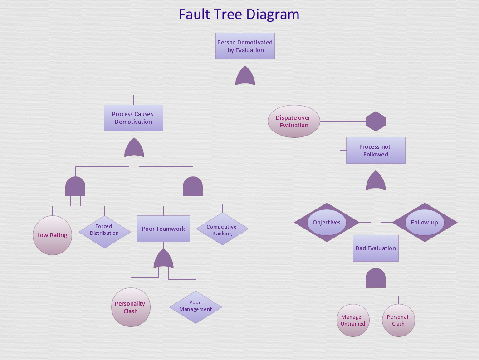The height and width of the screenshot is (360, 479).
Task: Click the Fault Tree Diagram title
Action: point(239,14)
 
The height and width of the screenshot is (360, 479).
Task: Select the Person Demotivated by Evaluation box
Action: point(245,46)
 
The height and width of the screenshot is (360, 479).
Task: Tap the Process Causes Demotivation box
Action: point(133,118)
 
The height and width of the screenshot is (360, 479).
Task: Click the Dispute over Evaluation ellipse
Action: point(294,122)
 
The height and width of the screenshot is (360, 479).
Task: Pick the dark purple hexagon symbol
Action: point(376,122)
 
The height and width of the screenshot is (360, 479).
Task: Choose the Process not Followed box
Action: point(376,151)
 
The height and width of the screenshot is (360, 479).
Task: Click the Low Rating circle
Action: point(52,235)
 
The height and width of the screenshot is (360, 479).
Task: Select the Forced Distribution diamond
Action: point(104,230)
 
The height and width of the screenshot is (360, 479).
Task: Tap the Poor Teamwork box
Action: point(163,229)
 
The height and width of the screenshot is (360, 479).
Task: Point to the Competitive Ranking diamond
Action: point(222,230)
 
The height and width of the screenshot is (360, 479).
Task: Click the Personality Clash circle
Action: point(131,307)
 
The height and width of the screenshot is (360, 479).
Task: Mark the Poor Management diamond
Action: point(196,306)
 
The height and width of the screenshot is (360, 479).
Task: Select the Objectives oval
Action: point(327,223)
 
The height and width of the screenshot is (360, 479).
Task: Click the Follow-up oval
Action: point(425,223)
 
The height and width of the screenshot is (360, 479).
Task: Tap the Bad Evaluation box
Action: point(376,248)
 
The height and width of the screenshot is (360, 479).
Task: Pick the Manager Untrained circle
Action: point(352,320)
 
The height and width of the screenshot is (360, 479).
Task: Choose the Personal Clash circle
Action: point(398,320)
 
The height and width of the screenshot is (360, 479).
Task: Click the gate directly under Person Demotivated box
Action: point(245,76)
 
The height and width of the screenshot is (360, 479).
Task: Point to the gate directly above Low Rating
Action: point(75,186)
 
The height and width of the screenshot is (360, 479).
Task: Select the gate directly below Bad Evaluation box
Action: point(376,278)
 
